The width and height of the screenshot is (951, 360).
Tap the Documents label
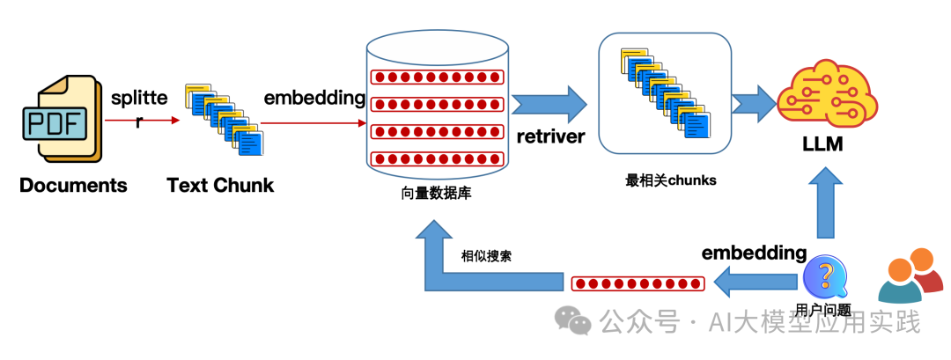coord(73,186)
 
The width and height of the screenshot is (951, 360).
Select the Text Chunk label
coord(220,186)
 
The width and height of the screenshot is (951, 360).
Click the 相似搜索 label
coord(487,257)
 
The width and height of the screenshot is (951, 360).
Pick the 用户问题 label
coord(822,309)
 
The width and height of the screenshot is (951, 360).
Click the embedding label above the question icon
coord(754,253)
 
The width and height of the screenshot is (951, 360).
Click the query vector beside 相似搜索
coord(638,283)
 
